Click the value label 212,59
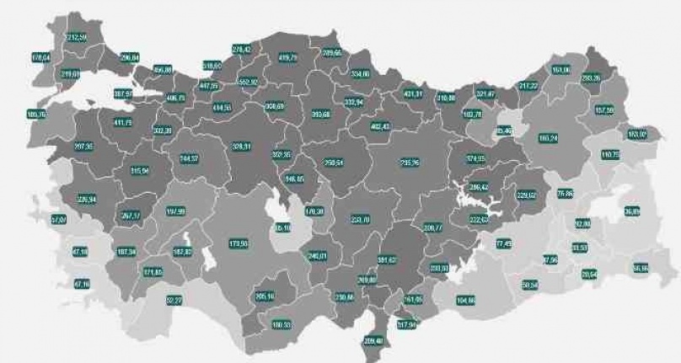click(77, 38)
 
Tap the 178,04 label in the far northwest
click(41, 58)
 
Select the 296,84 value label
click(130, 57)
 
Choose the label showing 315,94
click(139, 170)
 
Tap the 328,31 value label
click(243, 146)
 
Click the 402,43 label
click(381, 126)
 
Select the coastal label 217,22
click(528, 85)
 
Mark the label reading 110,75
click(610, 155)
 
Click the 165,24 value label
click(549, 137)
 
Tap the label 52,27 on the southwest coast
click(174, 299)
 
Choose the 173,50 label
click(239, 244)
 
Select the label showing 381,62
click(387, 259)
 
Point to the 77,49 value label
click(504, 243)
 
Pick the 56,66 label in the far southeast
click(640, 269)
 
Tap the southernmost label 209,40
click(373, 341)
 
